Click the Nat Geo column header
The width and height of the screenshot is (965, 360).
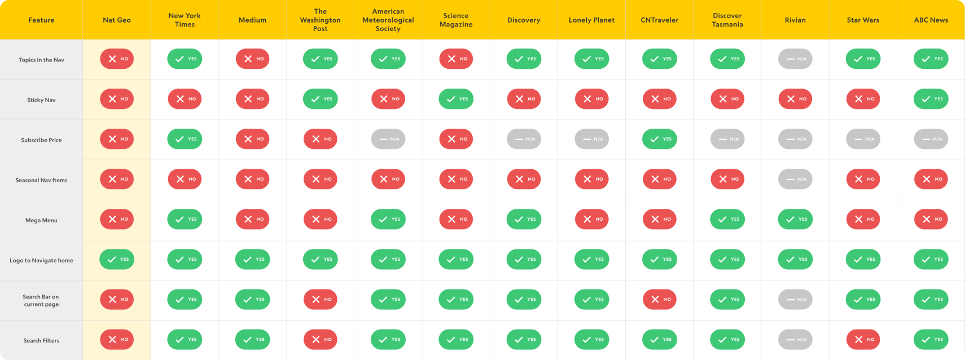[117, 20]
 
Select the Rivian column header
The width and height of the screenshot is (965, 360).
[795, 20]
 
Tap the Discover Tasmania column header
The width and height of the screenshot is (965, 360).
[727, 20]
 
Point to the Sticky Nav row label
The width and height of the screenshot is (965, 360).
[41, 100]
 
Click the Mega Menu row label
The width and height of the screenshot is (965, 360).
[41, 220]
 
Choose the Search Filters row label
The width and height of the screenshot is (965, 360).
[41, 340]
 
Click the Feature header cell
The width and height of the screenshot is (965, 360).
[41, 20]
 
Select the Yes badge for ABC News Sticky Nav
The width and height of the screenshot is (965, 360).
[931, 99]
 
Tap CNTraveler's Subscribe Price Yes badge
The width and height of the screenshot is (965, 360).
[659, 139]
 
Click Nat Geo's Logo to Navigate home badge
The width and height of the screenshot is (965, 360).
[117, 259]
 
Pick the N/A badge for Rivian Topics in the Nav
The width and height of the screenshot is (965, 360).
[795, 59]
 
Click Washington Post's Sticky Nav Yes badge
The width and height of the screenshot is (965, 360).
[320, 99]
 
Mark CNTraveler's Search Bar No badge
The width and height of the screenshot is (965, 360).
[659, 299]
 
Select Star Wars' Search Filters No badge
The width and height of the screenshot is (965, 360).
[863, 339]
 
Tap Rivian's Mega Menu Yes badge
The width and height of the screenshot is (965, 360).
[795, 219]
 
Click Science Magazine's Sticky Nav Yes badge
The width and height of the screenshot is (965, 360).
[456, 99]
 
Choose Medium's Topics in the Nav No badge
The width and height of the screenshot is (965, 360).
[252, 59]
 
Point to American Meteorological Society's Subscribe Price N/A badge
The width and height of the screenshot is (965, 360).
[388, 139]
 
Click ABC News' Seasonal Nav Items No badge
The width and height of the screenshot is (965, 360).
[931, 179]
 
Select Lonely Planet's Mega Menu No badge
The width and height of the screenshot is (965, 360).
[591, 219]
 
